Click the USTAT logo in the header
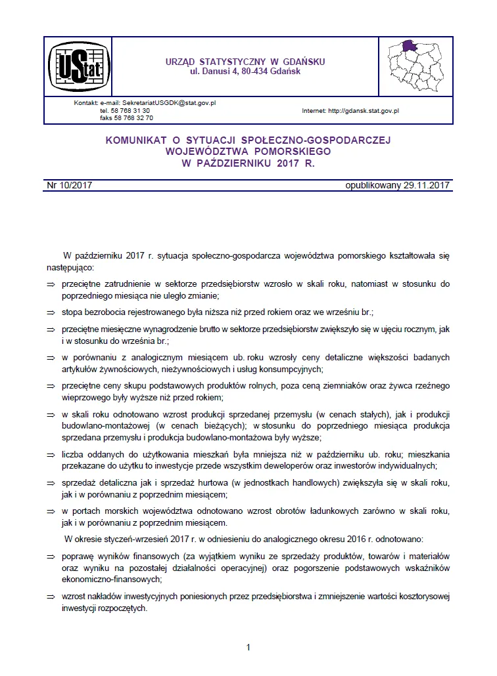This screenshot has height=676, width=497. click(x=80, y=67)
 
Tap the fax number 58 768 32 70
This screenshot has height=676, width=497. click(x=136, y=118)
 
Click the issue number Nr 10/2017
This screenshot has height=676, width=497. click(x=70, y=185)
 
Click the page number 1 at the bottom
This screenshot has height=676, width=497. click(x=248, y=648)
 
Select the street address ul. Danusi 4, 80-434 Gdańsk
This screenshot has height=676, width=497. click(x=245, y=71)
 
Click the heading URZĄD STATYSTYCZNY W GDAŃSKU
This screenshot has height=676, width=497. click(x=245, y=62)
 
